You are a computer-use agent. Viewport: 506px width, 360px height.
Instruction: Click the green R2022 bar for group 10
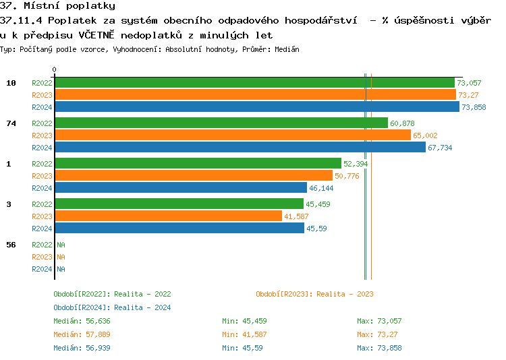(x=254, y=82)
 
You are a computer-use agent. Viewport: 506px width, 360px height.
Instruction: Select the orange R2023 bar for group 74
(x=233, y=135)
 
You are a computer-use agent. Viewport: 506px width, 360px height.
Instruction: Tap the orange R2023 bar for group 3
(x=168, y=216)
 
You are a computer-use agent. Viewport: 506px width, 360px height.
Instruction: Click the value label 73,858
(x=474, y=107)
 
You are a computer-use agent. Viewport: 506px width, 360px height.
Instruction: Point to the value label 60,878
(x=402, y=123)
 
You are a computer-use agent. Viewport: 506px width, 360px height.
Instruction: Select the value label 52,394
(x=356, y=164)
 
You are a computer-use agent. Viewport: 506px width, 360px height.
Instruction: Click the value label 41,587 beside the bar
(x=296, y=216)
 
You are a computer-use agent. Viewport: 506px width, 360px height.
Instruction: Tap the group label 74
(x=11, y=123)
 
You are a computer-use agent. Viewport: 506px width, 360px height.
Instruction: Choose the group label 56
(x=11, y=245)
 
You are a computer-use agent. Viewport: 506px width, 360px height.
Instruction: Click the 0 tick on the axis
(x=55, y=69)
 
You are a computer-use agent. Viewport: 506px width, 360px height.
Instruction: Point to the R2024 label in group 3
(x=42, y=229)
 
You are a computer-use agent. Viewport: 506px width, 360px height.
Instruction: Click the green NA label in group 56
(x=61, y=245)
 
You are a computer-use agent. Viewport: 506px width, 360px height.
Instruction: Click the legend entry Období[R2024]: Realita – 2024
(x=112, y=307)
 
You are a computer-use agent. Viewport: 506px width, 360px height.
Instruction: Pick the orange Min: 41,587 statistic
(x=244, y=334)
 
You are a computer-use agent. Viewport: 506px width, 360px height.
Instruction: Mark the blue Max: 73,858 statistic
(x=379, y=348)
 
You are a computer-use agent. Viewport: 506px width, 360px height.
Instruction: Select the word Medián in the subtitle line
(x=287, y=49)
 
